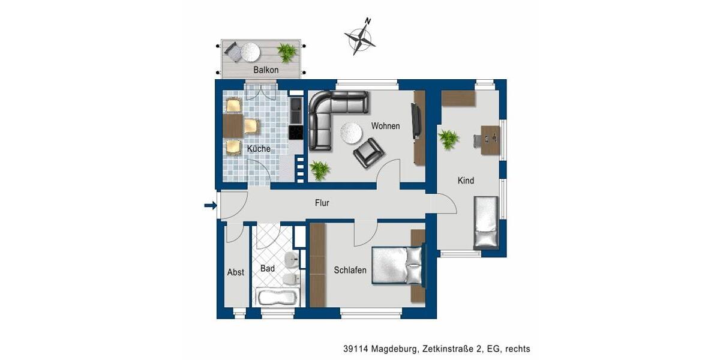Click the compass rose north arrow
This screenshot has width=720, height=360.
tap(360, 37)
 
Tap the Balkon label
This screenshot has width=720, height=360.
tap(266, 70)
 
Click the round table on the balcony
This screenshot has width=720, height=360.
tap(250, 52)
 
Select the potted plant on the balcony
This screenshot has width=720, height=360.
tap(287, 53)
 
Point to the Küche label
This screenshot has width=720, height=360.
tap(258, 149)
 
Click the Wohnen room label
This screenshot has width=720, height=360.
tap(385, 126)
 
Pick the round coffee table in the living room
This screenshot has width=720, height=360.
tap(350, 131)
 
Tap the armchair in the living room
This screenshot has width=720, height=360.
tap(368, 153)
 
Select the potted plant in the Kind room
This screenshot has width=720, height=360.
tap(448, 139)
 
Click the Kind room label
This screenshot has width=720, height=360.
tap(466, 181)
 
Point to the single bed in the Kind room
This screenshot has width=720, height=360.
tap(486, 222)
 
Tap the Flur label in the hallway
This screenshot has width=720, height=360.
tap(322, 203)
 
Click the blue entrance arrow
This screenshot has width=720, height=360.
tap(210, 206)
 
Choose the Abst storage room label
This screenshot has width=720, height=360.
tap(236, 272)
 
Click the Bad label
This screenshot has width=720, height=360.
tap(268, 268)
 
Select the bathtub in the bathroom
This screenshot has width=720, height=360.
tap(277, 297)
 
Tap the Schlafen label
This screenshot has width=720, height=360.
tap(350, 271)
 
